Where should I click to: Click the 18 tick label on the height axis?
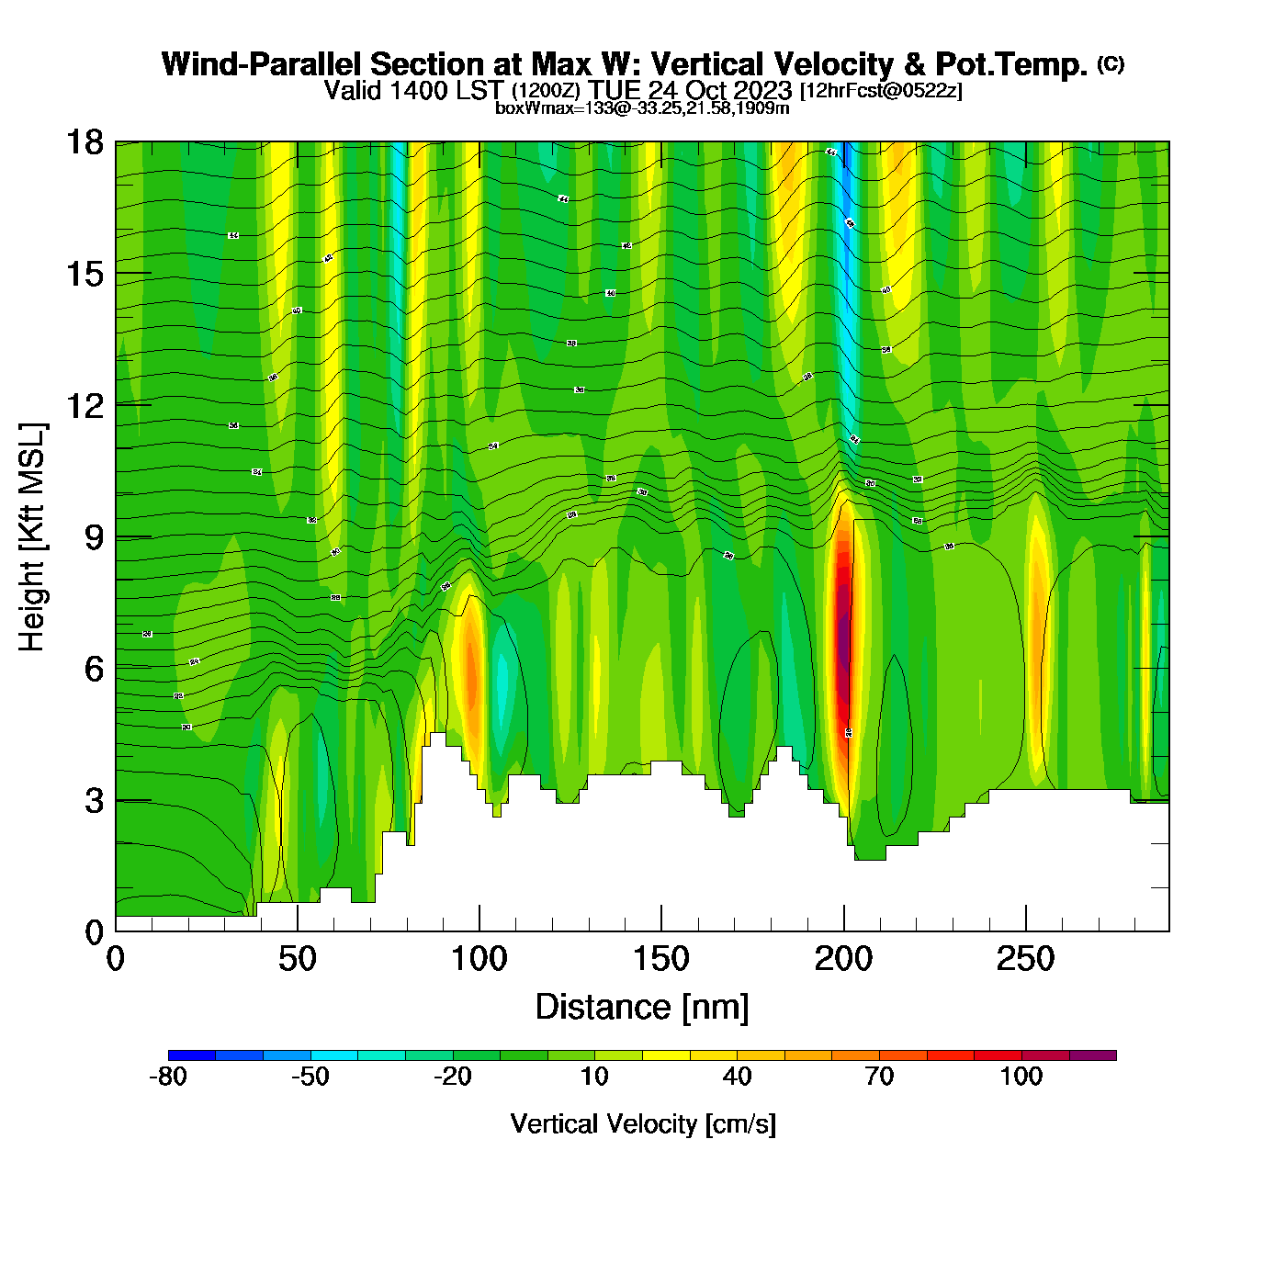point(84,142)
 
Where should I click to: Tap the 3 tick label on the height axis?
point(94,801)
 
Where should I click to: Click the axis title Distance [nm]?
point(642,1008)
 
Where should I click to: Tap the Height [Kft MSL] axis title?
point(32,537)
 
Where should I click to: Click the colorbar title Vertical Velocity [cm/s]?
point(643,1124)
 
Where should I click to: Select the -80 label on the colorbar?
point(168,1077)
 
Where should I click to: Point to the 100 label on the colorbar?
point(1021,1077)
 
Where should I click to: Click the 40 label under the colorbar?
point(737,1077)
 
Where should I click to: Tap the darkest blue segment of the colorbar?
point(192,1055)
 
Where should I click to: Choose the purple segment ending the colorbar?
point(1093,1055)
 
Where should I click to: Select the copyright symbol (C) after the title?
point(1111,63)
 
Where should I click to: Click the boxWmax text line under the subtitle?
point(642,108)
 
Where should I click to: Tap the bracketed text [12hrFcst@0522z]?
point(881,91)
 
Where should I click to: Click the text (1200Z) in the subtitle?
point(546,91)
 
